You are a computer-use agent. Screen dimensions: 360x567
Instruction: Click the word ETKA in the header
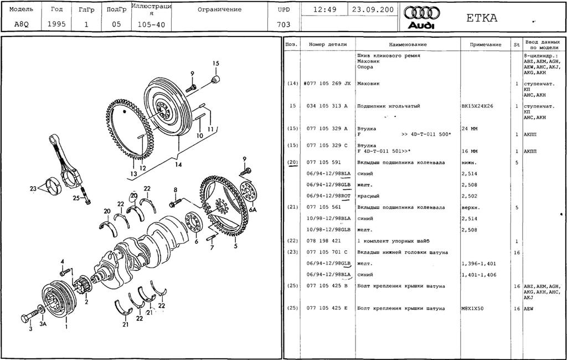click(482, 18)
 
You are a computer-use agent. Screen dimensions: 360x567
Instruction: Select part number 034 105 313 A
click(327, 106)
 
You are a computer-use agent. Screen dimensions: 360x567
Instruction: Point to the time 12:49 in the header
click(324, 9)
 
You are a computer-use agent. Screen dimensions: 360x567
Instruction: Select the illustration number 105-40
click(151, 24)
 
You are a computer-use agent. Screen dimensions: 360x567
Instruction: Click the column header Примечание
click(485, 44)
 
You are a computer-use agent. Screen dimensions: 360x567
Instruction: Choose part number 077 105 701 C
click(327, 253)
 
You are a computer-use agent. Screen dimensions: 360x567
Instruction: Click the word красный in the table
click(368, 196)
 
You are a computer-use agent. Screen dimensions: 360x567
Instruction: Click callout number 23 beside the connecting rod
click(33, 188)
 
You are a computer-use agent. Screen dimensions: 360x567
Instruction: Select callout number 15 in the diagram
click(216, 63)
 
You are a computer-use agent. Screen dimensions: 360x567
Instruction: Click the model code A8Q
click(18, 24)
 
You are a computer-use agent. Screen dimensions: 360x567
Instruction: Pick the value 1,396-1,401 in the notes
click(479, 264)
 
